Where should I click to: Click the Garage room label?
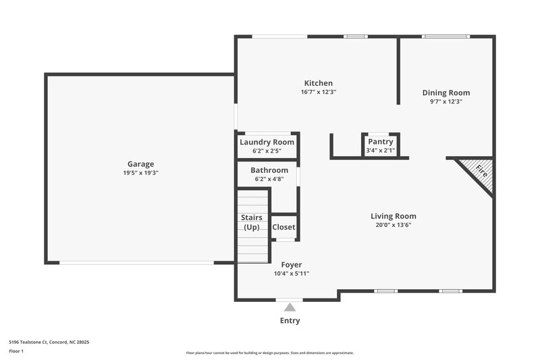[140, 163]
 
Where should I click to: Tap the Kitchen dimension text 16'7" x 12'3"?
[318, 92]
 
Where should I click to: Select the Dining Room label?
[446, 93]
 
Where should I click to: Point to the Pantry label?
[380, 142]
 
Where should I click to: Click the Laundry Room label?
[267, 142]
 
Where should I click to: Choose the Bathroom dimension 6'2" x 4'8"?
[269, 179]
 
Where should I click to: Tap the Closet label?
[283, 227]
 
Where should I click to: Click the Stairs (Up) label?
[251, 222]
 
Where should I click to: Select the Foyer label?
[291, 264]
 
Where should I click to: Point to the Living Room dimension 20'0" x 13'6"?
[393, 225]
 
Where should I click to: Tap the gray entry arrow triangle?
[290, 307]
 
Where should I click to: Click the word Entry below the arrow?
[290, 320]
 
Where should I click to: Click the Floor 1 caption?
[16, 351]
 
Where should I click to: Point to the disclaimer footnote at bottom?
[269, 353]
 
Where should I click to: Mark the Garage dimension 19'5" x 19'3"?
[140, 173]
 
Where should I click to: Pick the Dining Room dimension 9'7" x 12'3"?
[446, 101]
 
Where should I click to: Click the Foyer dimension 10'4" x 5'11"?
[291, 274]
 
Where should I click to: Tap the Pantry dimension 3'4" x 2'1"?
[380, 150]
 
